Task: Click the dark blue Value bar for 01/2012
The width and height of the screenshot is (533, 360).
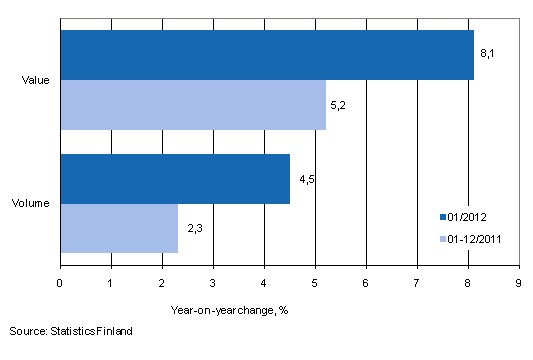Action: click(267, 55)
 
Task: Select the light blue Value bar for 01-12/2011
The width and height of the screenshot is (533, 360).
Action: click(193, 105)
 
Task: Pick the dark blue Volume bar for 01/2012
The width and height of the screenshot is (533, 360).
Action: click(175, 179)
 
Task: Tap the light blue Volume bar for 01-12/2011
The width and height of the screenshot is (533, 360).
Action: click(119, 228)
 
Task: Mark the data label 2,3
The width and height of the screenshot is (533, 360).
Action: click(191, 229)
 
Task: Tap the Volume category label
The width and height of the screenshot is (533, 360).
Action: click(38, 204)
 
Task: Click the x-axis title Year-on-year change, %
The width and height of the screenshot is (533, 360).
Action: click(229, 309)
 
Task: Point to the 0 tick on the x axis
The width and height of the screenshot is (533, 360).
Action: click(61, 282)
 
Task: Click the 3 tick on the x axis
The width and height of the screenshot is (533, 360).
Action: click(213, 282)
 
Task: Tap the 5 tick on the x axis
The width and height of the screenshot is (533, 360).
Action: click(315, 282)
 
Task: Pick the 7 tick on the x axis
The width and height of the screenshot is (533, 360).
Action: click(416, 282)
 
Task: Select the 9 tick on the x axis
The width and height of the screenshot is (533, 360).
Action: click(518, 282)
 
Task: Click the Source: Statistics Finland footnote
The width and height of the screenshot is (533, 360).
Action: click(71, 330)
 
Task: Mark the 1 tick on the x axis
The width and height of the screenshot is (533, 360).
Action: click(112, 282)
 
